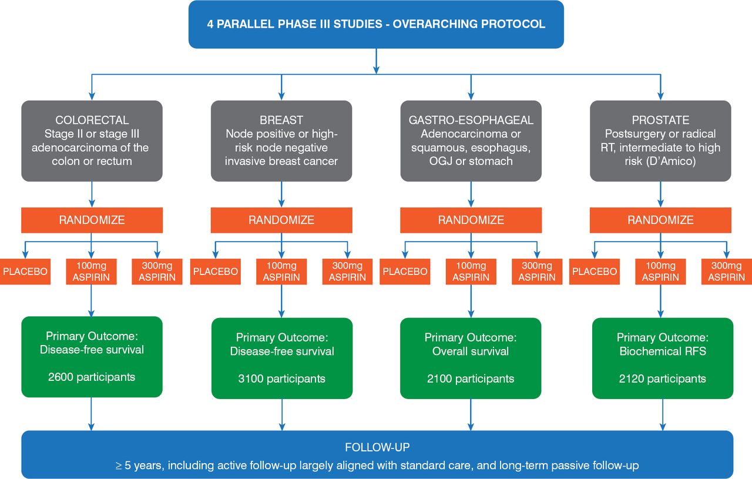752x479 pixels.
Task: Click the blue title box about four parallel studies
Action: point(376,25)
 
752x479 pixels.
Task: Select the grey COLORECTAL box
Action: point(92,141)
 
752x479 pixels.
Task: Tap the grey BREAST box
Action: point(281,141)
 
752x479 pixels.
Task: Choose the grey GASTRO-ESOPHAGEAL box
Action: point(471,141)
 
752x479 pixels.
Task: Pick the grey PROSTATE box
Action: point(660,141)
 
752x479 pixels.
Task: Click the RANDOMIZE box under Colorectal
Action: point(92,220)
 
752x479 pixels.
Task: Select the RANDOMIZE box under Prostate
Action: point(660,220)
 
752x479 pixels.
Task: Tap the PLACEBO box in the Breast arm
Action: point(216,272)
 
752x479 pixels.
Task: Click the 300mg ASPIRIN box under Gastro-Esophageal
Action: point(537,272)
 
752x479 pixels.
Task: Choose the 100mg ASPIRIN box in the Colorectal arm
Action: point(92,272)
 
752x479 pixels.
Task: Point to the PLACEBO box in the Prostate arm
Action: point(595,272)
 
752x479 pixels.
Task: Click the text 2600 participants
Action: point(92,377)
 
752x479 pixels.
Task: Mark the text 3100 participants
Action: point(281,378)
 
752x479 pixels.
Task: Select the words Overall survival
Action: point(471,351)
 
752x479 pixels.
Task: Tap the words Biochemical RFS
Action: point(663,351)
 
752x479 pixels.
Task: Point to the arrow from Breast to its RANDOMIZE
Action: point(281,194)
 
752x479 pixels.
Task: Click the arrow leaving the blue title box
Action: point(376,61)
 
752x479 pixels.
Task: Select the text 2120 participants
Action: point(663,378)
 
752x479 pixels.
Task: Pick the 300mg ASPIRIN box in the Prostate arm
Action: point(726,272)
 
